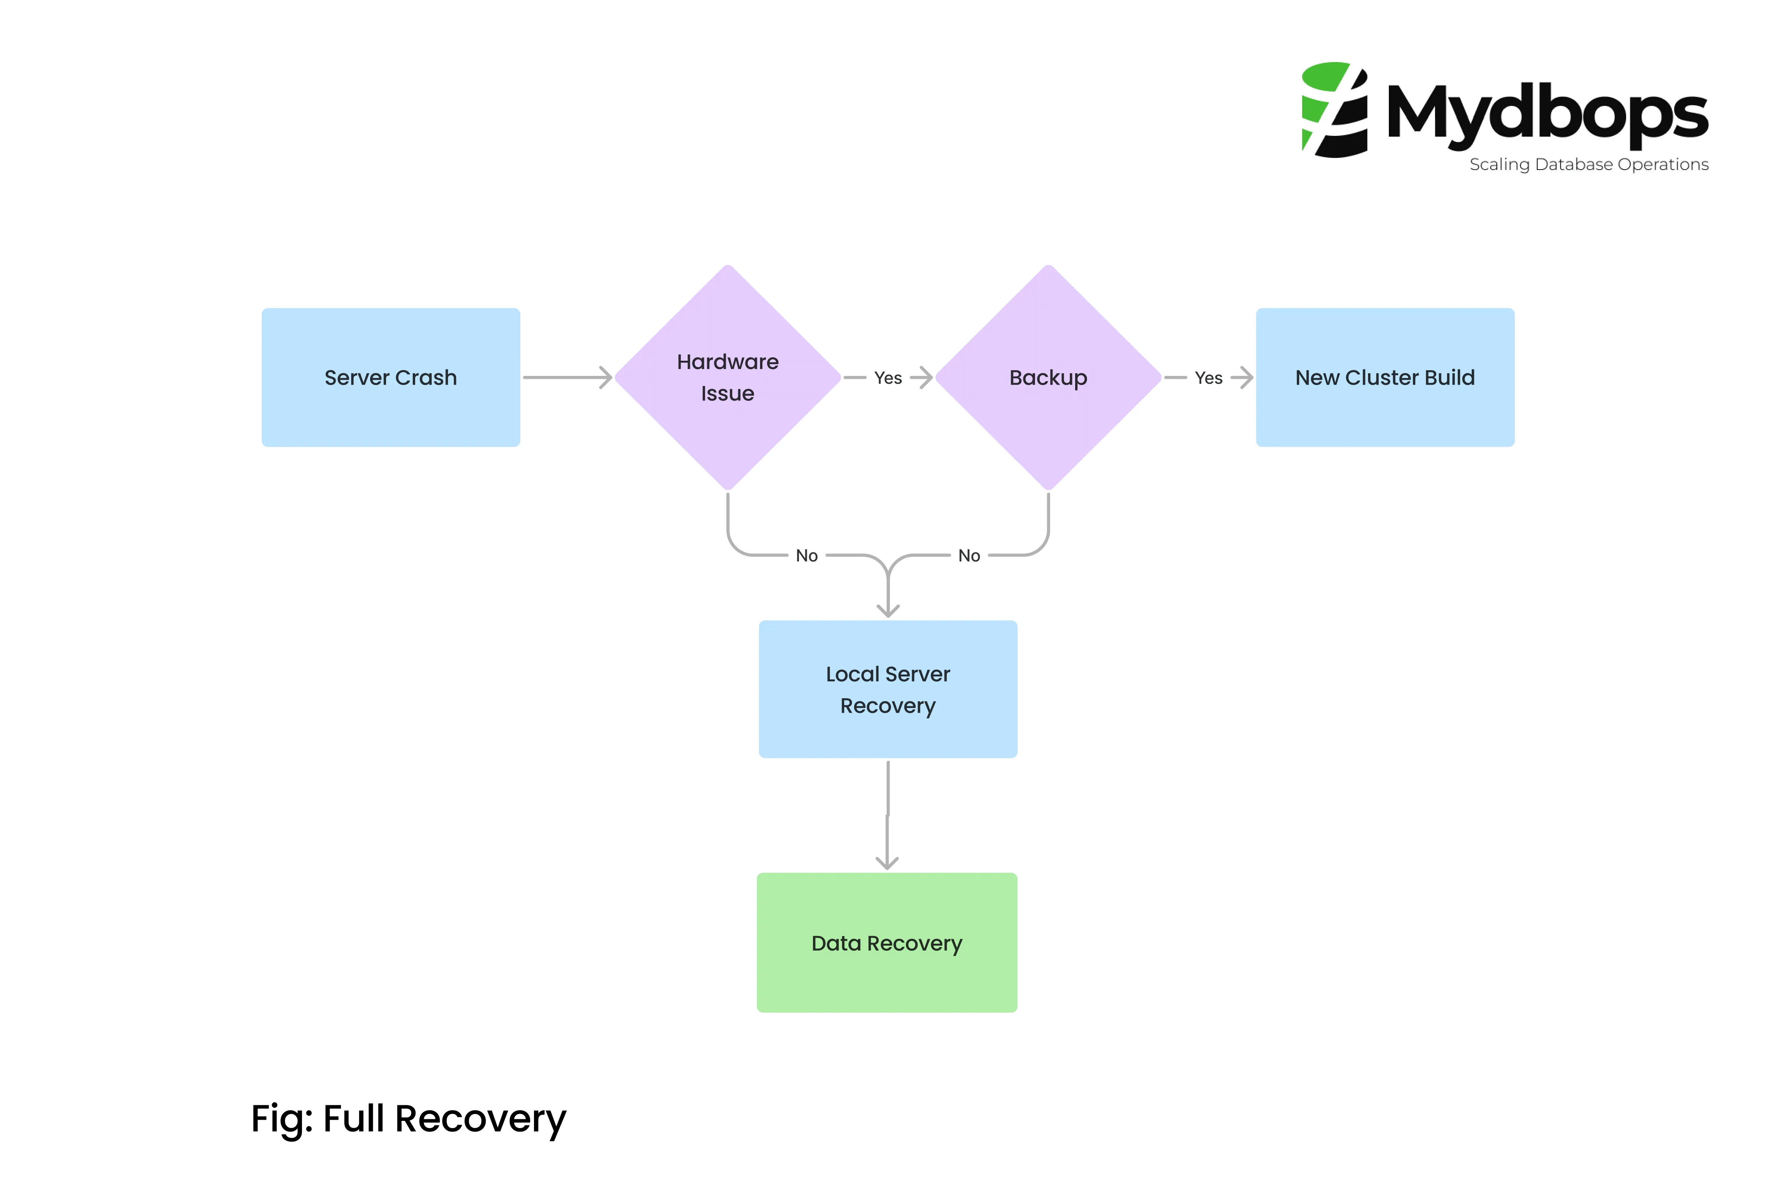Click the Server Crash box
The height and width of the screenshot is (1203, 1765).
point(391,377)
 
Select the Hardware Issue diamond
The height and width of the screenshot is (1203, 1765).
point(728,377)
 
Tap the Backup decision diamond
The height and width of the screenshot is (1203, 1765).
point(1048,377)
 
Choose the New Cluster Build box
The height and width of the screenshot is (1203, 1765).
point(1385,377)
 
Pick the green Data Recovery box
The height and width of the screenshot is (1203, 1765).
point(886,943)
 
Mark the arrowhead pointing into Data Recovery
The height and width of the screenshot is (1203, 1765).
point(887,863)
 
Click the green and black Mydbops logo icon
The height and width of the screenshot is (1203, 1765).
point(1334,110)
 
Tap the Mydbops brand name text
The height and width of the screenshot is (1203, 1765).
point(1547,114)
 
